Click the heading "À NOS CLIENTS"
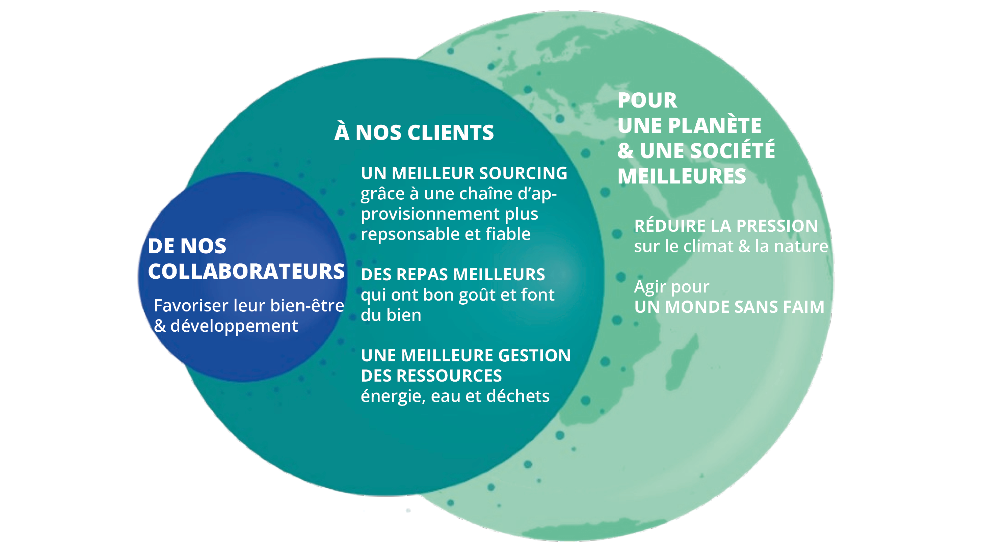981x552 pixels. pos(414,132)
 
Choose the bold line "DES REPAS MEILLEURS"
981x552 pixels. pos(453,274)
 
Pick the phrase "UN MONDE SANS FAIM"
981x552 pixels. pos(729,307)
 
